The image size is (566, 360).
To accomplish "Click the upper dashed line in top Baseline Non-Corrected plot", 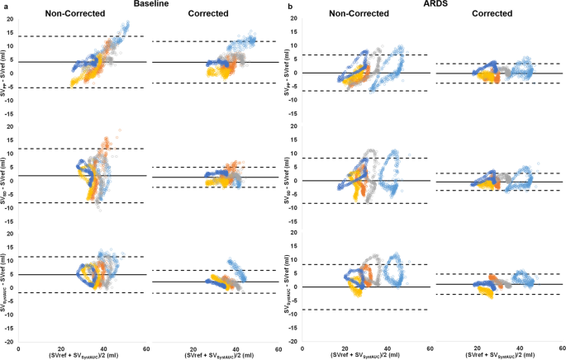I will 83,36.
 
